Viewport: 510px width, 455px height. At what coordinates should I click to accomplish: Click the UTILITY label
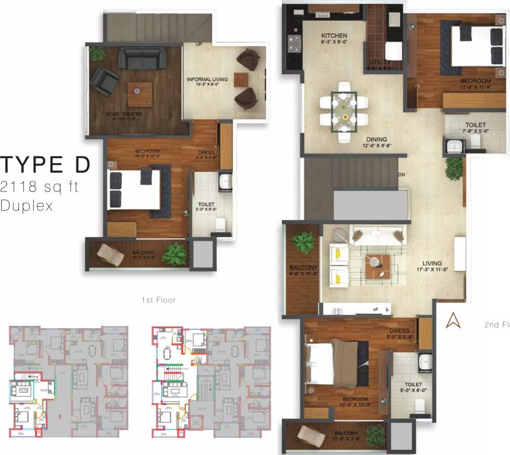tap(380, 62)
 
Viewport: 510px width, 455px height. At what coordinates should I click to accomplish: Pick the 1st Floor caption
tap(158, 300)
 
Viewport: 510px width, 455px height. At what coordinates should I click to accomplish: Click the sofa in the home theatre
tap(142, 58)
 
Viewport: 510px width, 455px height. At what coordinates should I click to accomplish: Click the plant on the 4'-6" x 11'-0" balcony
tap(304, 242)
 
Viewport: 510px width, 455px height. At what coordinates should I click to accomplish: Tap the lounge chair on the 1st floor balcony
tap(110, 254)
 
